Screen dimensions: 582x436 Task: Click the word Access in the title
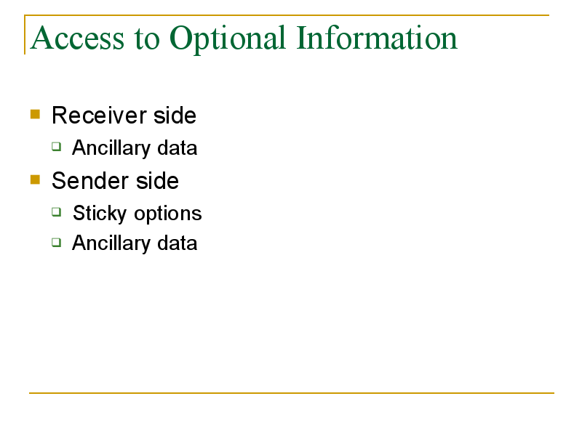tap(77, 38)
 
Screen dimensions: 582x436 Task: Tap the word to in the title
tap(147, 39)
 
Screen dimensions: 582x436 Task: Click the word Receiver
tap(99, 116)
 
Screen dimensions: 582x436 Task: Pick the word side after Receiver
tap(175, 115)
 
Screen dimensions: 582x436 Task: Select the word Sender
tap(90, 181)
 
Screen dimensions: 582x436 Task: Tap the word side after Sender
tap(157, 180)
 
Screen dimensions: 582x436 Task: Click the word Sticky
tap(100, 214)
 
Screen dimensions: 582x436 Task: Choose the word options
tap(168, 214)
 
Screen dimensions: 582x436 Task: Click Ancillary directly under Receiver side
tap(111, 148)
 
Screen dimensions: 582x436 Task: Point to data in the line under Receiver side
tap(177, 148)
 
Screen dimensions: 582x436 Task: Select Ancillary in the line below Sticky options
tap(111, 243)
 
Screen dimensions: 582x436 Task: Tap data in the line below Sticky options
tap(177, 243)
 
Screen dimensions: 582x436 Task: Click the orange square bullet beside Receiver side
tap(35, 114)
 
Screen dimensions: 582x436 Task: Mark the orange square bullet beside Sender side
tap(35, 179)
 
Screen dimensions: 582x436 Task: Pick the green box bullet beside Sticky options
tap(57, 212)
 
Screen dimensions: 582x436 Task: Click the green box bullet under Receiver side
tap(57, 147)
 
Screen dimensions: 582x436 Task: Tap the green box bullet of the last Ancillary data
tap(57, 243)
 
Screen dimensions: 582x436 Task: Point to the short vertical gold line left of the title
tap(25, 35)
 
